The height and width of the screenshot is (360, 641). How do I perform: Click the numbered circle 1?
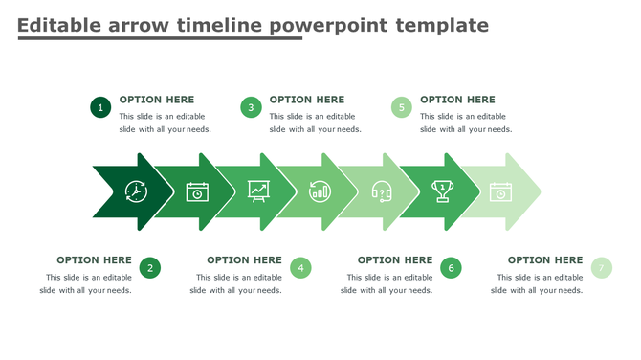[100, 107]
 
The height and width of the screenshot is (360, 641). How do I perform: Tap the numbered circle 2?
[149, 268]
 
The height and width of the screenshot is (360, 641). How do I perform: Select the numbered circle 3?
[251, 107]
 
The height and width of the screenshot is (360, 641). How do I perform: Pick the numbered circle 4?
[300, 268]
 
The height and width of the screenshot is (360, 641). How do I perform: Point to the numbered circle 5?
[402, 107]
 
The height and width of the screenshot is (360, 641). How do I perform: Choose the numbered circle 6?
[451, 268]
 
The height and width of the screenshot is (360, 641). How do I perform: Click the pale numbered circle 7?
[601, 268]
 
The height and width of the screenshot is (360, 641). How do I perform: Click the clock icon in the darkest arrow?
[136, 191]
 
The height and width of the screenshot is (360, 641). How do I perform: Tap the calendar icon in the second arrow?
[197, 191]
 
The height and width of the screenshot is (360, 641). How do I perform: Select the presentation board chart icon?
[258, 191]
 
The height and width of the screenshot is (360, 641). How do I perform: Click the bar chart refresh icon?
[319, 191]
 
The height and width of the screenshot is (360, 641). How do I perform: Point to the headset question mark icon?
[381, 191]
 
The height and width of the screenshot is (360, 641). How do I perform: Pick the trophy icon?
[442, 191]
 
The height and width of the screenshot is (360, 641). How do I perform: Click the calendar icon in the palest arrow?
[500, 191]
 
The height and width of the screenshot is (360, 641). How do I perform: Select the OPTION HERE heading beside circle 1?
[157, 100]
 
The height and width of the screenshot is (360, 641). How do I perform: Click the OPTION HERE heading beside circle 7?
[544, 259]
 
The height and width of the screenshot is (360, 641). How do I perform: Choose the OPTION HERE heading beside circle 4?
[244, 259]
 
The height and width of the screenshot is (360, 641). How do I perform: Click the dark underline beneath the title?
[160, 39]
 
